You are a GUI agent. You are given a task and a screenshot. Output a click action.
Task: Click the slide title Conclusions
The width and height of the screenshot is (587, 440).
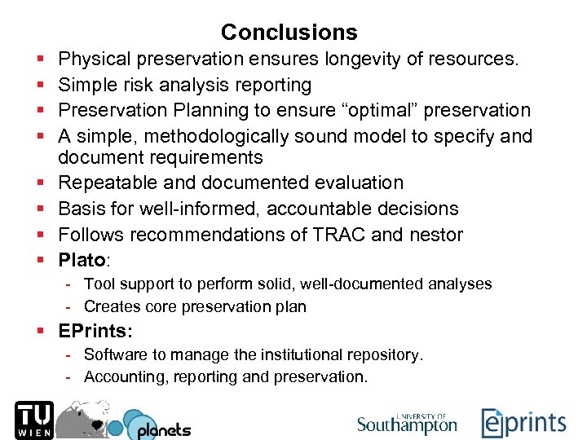289,33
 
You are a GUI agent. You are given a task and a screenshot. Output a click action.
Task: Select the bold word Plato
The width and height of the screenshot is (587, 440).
82,261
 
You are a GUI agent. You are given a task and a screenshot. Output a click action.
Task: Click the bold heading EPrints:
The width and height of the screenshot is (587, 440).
96,332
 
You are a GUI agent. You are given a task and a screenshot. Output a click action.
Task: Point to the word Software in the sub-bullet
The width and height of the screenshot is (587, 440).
114,354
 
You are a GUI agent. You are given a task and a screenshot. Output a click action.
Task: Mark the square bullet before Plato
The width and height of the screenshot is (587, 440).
40,261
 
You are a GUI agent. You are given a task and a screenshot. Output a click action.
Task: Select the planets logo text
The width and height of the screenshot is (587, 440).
163,429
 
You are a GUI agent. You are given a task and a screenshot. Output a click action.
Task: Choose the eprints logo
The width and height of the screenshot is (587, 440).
523,423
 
